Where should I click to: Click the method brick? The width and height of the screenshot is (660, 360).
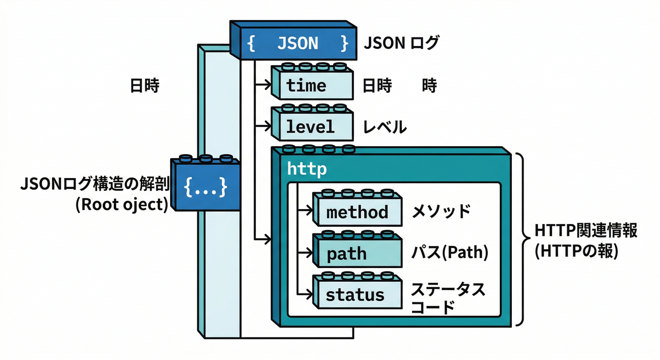357,211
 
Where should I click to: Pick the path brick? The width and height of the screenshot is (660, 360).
357,254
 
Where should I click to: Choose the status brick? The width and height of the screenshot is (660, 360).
357,294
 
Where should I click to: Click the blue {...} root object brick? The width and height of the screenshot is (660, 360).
205,187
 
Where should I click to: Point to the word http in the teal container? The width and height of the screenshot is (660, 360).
307,169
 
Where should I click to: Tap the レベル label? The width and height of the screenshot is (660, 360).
384,127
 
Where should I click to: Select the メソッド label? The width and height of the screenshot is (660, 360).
441,211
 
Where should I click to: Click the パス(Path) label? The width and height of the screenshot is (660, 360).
450,253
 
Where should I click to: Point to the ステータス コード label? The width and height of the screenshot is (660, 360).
447,298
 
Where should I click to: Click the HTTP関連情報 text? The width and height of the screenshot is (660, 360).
586,231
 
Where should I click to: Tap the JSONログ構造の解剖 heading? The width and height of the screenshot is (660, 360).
94,185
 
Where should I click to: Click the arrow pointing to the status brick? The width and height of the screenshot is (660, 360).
305,294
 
